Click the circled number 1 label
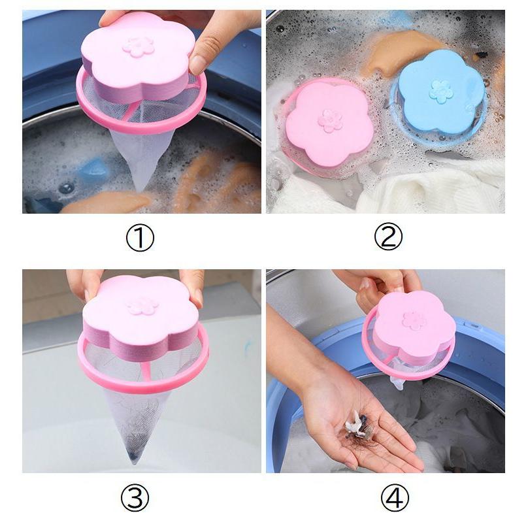140,238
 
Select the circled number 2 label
388,237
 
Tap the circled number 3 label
135,497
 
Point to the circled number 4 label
395,497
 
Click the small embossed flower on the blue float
441,91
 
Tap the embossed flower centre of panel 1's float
139,47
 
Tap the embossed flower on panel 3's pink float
142,306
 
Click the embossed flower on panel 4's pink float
414,320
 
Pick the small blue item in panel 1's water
95,170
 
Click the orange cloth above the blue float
401,50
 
